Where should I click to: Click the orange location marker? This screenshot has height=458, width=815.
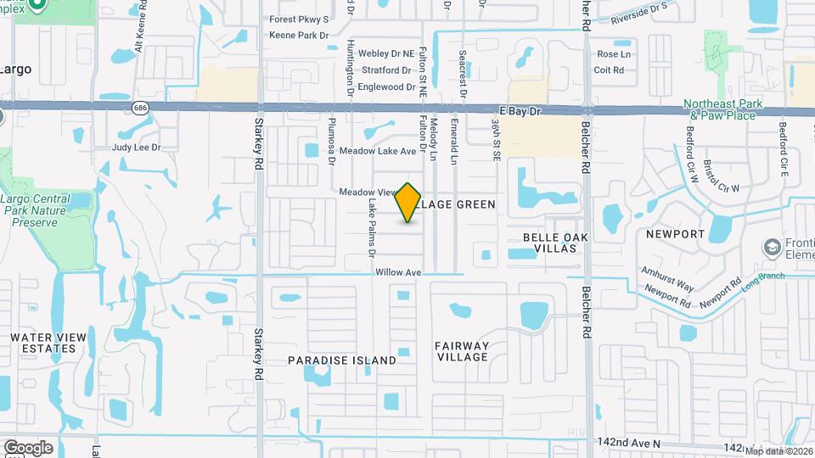click(x=408, y=203)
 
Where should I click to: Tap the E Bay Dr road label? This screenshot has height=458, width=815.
click(x=520, y=110)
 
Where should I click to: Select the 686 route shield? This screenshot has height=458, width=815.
click(x=141, y=108)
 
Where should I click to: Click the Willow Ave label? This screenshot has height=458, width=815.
click(x=398, y=273)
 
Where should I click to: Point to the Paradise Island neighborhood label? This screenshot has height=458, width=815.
click(x=341, y=360)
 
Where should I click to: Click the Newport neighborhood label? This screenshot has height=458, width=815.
click(x=676, y=233)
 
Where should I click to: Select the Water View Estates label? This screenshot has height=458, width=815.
click(x=48, y=343)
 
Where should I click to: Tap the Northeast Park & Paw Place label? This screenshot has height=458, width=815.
click(x=719, y=109)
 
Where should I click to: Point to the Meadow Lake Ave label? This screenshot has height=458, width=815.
click(x=378, y=151)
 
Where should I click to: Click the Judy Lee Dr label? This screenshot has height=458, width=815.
click(x=137, y=147)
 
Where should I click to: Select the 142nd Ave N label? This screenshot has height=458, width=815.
click(x=630, y=444)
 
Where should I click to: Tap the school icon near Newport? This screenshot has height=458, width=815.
click(x=773, y=247)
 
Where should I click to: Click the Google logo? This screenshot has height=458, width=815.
click(x=28, y=447)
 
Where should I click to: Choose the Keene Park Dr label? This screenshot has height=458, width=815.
click(x=298, y=36)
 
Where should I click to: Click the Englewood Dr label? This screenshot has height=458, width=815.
click(x=386, y=87)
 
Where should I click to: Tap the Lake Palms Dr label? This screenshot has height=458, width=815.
click(x=371, y=229)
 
